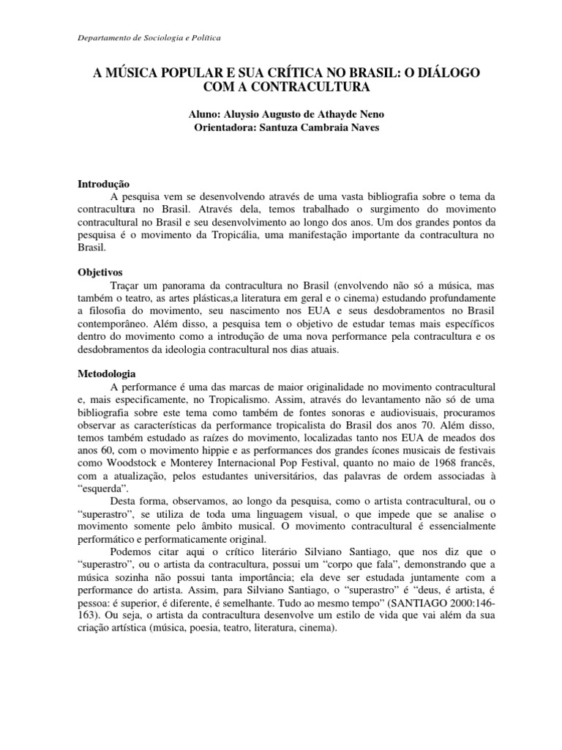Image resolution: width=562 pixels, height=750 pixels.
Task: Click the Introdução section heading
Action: [x=103, y=184]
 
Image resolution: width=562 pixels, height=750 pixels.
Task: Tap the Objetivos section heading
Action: [x=100, y=272]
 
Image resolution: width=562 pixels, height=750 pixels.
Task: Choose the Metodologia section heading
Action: [x=107, y=373]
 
